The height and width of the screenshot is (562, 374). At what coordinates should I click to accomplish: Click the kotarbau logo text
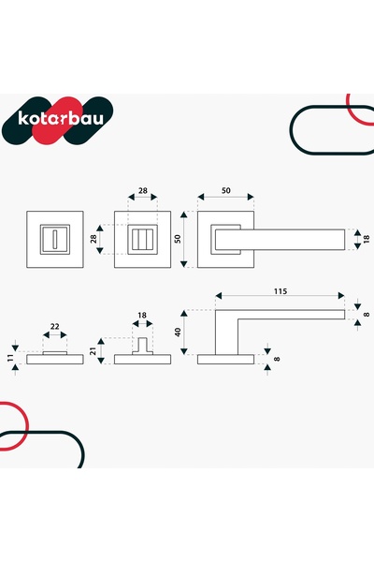point(61,119)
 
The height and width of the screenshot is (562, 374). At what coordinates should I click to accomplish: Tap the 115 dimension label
point(280,291)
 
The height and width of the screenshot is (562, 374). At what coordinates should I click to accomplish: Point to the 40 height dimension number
point(178,332)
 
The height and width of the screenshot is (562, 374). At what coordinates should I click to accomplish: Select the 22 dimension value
point(54,327)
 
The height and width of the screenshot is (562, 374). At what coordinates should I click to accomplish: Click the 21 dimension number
point(93,351)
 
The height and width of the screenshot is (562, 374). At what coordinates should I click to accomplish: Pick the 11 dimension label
point(10,357)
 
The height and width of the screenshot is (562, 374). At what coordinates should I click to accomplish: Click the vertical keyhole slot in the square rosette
point(55,240)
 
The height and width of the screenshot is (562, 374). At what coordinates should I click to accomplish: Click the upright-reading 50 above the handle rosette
point(226,191)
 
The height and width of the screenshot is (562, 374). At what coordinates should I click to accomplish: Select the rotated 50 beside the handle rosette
point(178,239)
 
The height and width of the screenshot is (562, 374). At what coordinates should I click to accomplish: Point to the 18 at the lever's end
point(367,240)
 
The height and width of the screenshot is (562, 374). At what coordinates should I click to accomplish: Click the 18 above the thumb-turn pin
point(142,316)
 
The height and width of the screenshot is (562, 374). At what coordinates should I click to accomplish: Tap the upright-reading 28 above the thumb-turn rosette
point(143,191)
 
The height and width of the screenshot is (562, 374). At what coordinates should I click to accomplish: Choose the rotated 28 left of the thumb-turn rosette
point(93,239)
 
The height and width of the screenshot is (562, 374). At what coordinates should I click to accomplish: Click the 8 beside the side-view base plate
point(277,359)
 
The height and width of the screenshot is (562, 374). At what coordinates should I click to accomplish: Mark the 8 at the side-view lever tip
point(367,315)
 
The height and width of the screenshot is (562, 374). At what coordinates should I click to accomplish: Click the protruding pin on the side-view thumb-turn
point(142,345)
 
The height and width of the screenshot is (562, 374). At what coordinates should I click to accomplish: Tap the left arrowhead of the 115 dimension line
point(219,296)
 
